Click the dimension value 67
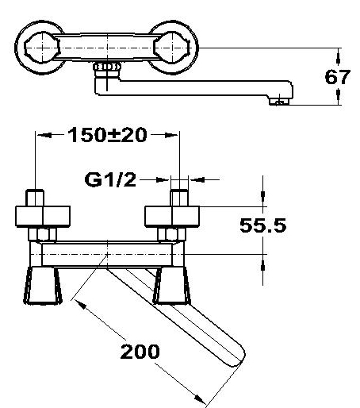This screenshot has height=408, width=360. coord(338,77)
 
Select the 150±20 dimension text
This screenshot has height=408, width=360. coord(107,135)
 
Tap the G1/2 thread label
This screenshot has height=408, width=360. coord(110,180)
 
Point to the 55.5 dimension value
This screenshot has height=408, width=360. coord(262,225)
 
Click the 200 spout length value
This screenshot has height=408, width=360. coord(140,352)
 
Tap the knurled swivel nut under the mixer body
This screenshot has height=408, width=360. coord(107,67)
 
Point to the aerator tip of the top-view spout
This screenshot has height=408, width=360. coord(279,102)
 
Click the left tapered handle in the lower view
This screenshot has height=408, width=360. coord(43,285)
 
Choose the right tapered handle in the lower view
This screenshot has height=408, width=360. coord(172,285)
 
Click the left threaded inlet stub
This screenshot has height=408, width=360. coord(35,198)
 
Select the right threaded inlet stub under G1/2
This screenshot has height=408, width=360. coord(179,198)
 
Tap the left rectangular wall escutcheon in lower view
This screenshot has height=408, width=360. coord(43,217)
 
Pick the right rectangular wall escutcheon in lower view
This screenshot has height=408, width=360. coord(172,217)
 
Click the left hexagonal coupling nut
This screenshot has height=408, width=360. coord(43,234)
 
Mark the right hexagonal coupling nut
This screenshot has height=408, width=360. coord(172,234)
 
